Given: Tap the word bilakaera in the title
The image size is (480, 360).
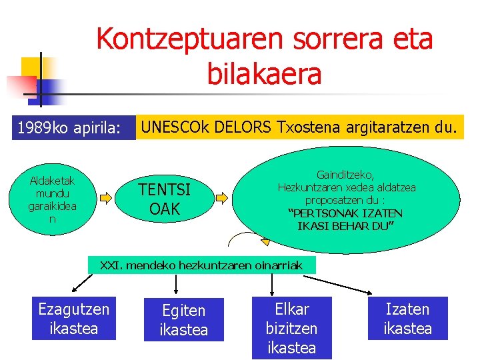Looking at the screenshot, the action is point(264,74).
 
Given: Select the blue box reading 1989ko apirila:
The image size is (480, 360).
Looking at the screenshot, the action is point(69,127).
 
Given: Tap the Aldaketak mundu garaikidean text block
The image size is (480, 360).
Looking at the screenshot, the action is point(52,199).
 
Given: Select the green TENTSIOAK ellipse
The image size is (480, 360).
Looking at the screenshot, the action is point(165,199).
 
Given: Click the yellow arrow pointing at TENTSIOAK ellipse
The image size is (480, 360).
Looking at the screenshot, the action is point(107,197).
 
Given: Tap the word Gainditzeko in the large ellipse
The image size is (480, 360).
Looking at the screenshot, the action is point(347,175).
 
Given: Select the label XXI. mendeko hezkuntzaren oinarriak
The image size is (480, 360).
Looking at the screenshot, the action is point(201,265).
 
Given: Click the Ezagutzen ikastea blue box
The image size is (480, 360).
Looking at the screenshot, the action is point(73,318).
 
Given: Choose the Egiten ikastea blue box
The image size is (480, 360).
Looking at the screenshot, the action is point(184,320).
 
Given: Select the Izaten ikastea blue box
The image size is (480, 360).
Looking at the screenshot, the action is point(407,318).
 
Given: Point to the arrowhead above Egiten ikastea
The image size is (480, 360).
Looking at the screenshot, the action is point(175,291).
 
